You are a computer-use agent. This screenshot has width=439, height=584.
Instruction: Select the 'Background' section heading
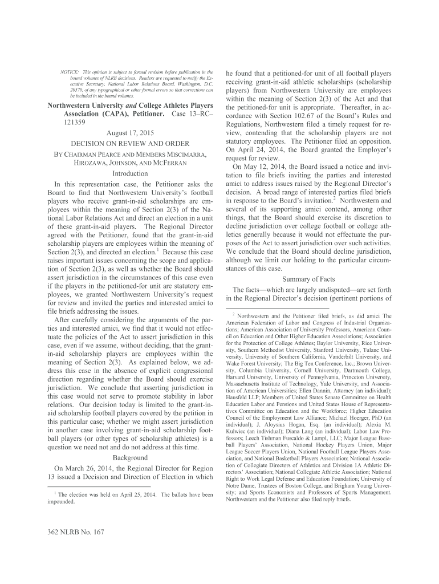pos(131,458)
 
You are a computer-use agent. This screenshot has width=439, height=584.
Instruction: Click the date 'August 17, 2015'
pos(130,133)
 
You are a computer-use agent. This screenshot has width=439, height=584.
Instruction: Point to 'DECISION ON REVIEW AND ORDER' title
pos(130,144)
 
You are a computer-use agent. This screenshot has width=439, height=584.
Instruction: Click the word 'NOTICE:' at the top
pos(71,73)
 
